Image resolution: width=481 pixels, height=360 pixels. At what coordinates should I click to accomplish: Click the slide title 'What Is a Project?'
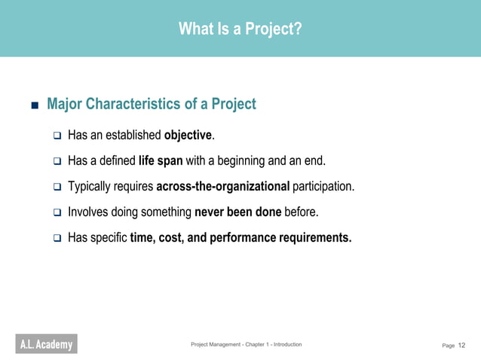pos(240,29)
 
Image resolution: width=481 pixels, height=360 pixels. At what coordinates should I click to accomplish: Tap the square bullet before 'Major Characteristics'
pos(34,105)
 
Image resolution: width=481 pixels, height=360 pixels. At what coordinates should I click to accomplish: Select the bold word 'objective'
pos(188,136)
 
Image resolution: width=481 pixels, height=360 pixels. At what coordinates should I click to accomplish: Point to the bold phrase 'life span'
pos(161,160)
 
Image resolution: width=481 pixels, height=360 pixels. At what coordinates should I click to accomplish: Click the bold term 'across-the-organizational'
pos(222,186)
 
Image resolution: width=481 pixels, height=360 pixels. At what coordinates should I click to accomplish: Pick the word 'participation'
pos(323,186)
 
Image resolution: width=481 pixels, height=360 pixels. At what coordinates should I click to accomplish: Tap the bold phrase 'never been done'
pos(237,212)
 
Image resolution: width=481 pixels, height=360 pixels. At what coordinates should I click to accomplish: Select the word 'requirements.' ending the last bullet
pos(315,237)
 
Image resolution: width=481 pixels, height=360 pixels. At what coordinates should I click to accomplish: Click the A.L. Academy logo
pos(46,345)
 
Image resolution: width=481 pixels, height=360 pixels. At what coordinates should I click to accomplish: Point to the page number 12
pos(462,345)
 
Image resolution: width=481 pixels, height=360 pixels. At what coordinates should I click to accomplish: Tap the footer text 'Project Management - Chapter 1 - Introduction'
pos(246,344)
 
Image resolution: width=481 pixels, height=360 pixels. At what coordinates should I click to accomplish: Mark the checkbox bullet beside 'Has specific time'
pos(57,238)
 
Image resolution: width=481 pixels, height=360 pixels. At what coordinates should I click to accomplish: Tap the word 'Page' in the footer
pos(448,346)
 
